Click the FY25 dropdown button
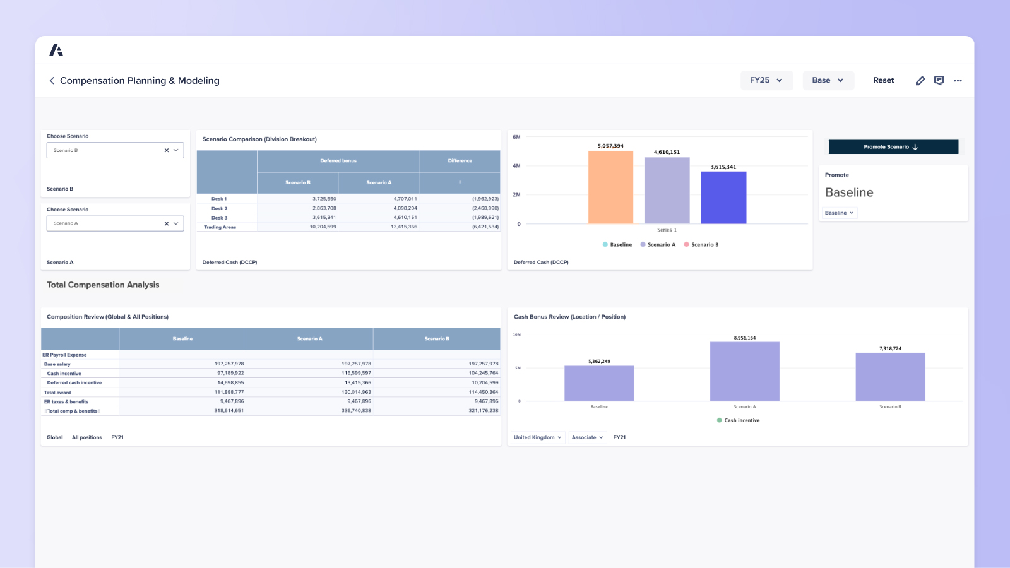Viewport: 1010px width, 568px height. pyautogui.click(x=766, y=80)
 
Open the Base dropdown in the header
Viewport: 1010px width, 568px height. pyautogui.click(x=828, y=80)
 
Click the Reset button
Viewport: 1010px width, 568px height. pyautogui.click(x=883, y=80)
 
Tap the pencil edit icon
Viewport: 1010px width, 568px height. pyautogui.click(x=920, y=81)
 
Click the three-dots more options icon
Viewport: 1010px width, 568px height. pyautogui.click(x=958, y=81)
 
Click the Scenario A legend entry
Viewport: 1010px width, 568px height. pyautogui.click(x=658, y=245)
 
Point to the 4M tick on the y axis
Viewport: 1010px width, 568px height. pyautogui.click(x=517, y=166)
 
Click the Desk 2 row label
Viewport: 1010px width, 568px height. pyautogui.click(x=219, y=208)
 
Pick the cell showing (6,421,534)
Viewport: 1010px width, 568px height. pyautogui.click(x=485, y=227)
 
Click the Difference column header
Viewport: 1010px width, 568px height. pyautogui.click(x=460, y=161)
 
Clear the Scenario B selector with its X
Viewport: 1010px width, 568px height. pyautogui.click(x=167, y=150)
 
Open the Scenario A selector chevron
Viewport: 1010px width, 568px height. pyautogui.click(x=176, y=223)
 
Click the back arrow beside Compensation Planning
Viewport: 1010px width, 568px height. pyautogui.click(x=52, y=81)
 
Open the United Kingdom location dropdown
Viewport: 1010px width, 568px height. pyautogui.click(x=537, y=437)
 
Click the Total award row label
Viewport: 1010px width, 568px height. pyautogui.click(x=57, y=393)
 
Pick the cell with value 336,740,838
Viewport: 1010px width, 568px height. pyautogui.click(x=356, y=411)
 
